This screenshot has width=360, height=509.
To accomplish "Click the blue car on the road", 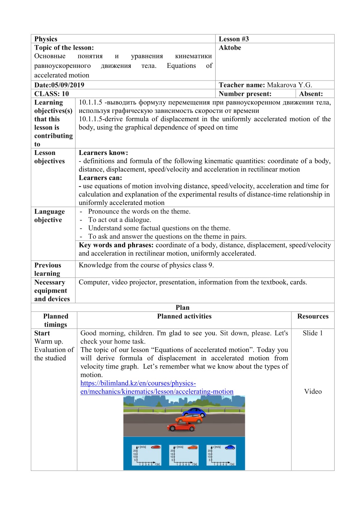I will coord(194,413).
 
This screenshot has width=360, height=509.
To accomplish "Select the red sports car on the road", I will coord(181,427).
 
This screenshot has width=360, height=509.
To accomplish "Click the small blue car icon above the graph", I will coord(230,447).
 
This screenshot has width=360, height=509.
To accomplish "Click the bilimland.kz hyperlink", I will coord(156,387).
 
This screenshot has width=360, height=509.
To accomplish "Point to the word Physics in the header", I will coord(46,39).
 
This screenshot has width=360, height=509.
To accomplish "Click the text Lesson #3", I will coord(234,39).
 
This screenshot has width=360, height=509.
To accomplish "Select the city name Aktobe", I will coord(230,48).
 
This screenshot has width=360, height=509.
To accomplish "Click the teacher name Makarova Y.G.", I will coord(289,85).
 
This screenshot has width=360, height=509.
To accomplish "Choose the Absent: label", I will coord(311,94).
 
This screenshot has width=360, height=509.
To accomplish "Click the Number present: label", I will coord(245,94).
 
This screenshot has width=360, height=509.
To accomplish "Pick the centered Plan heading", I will coord(183,307).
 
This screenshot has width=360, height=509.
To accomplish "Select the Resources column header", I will coord(313,316).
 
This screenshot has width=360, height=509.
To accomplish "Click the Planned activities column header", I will coord(184,316).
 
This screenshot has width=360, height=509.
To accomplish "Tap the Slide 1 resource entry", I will coord(313,333).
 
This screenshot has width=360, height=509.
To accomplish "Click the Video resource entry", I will coord(313,391).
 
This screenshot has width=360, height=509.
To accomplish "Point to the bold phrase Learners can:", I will coord(101,178).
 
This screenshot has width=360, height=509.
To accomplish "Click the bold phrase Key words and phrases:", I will coord(116,245).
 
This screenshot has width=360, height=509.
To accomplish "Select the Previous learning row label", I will coord(48,269).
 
